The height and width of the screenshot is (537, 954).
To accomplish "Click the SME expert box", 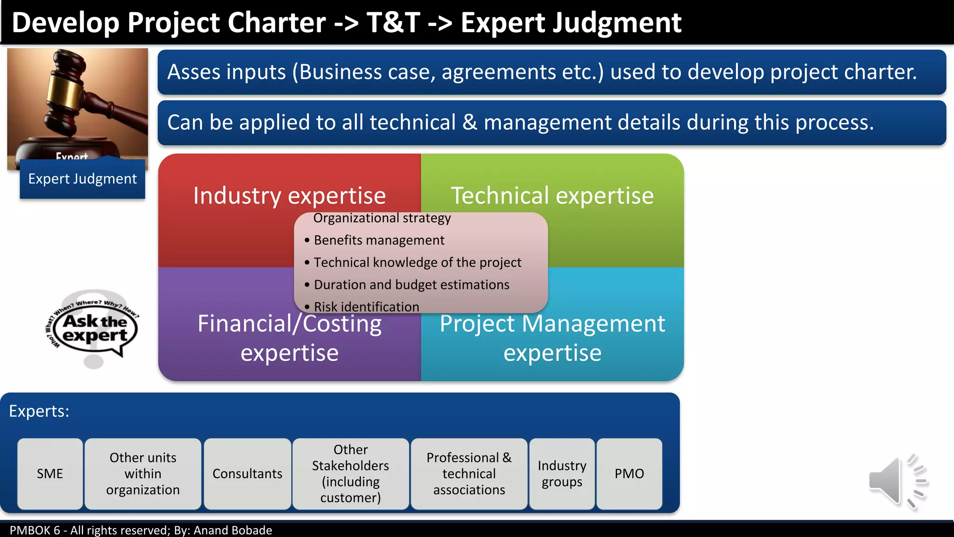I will (50, 474).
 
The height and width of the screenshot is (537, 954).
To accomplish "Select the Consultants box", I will (247, 474).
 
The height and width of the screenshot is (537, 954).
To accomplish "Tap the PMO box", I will (629, 474).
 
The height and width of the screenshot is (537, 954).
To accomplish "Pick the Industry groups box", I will (562, 474).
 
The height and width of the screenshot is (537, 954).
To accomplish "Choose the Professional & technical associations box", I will (469, 474).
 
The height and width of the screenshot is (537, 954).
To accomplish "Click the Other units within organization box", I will (143, 474).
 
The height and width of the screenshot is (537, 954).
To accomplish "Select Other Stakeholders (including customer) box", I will (350, 474).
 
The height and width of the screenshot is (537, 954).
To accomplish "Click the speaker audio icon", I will (897, 482).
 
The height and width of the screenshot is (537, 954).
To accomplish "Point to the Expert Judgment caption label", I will (82, 179).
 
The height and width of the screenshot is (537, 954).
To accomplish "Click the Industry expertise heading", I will (289, 196).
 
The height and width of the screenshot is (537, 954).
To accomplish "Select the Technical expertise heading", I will (552, 196).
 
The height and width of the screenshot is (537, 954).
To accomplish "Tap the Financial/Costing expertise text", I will (289, 338).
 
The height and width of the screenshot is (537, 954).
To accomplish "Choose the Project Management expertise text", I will (552, 338).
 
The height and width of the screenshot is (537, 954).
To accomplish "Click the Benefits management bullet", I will (379, 240).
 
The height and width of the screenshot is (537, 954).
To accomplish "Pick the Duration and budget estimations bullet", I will (411, 285).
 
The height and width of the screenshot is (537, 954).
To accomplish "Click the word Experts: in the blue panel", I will (39, 411).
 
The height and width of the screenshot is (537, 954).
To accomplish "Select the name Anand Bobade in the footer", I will (232, 530).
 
